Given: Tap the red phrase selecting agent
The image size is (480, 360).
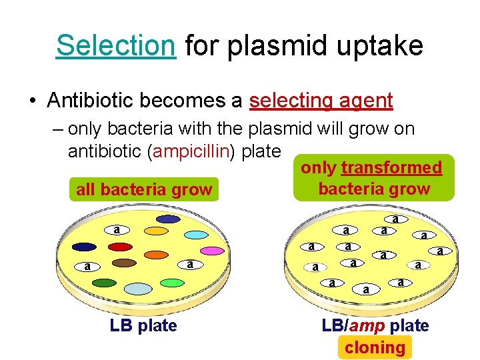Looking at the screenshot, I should (x=321, y=101).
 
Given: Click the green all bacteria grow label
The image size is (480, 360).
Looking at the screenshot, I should (x=144, y=190).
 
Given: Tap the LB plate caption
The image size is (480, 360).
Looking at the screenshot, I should (x=143, y=326).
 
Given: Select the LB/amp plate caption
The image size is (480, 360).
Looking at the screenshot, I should (x=375, y=326).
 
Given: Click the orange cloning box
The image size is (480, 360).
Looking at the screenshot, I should (x=375, y=347).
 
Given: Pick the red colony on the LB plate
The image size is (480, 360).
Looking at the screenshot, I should (x=121, y=247).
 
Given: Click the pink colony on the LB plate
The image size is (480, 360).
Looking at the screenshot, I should (x=213, y=251).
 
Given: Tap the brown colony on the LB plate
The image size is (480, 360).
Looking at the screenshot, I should (x=124, y=263).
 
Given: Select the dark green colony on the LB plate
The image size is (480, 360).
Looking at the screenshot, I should (x=104, y=283).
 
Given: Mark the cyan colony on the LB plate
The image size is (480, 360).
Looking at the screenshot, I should (x=197, y=235).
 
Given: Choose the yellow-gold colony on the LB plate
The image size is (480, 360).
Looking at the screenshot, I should (x=157, y=231).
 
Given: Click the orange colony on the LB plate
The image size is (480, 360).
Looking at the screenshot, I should (x=156, y=255).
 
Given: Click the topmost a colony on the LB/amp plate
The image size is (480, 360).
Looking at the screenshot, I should (x=395, y=219).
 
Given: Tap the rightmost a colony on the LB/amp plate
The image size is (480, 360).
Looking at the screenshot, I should (x=440, y=251).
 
